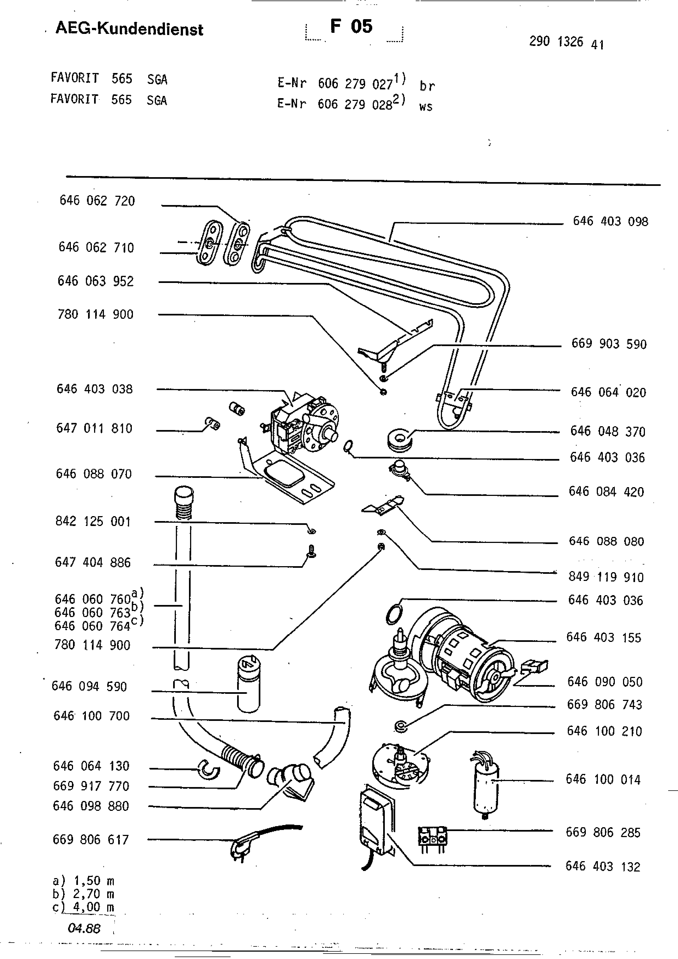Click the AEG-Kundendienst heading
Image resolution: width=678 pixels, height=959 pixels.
tap(129, 29)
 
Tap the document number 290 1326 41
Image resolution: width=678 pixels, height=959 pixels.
tap(566, 42)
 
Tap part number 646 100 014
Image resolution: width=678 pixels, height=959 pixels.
tap(603, 779)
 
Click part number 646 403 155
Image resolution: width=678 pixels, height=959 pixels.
tap(603, 638)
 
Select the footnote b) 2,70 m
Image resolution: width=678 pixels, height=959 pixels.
tap(83, 894)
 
